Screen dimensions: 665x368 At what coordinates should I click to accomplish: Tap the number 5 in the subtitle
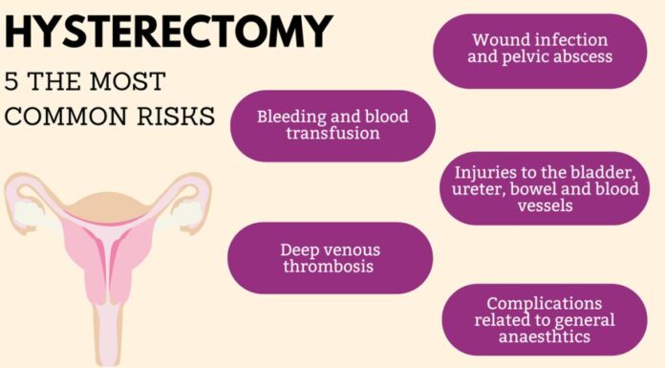(x=12, y=79)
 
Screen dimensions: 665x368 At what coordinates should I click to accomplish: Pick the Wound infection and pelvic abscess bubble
(x=542, y=50)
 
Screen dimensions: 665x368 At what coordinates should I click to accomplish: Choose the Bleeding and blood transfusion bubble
(x=332, y=125)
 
